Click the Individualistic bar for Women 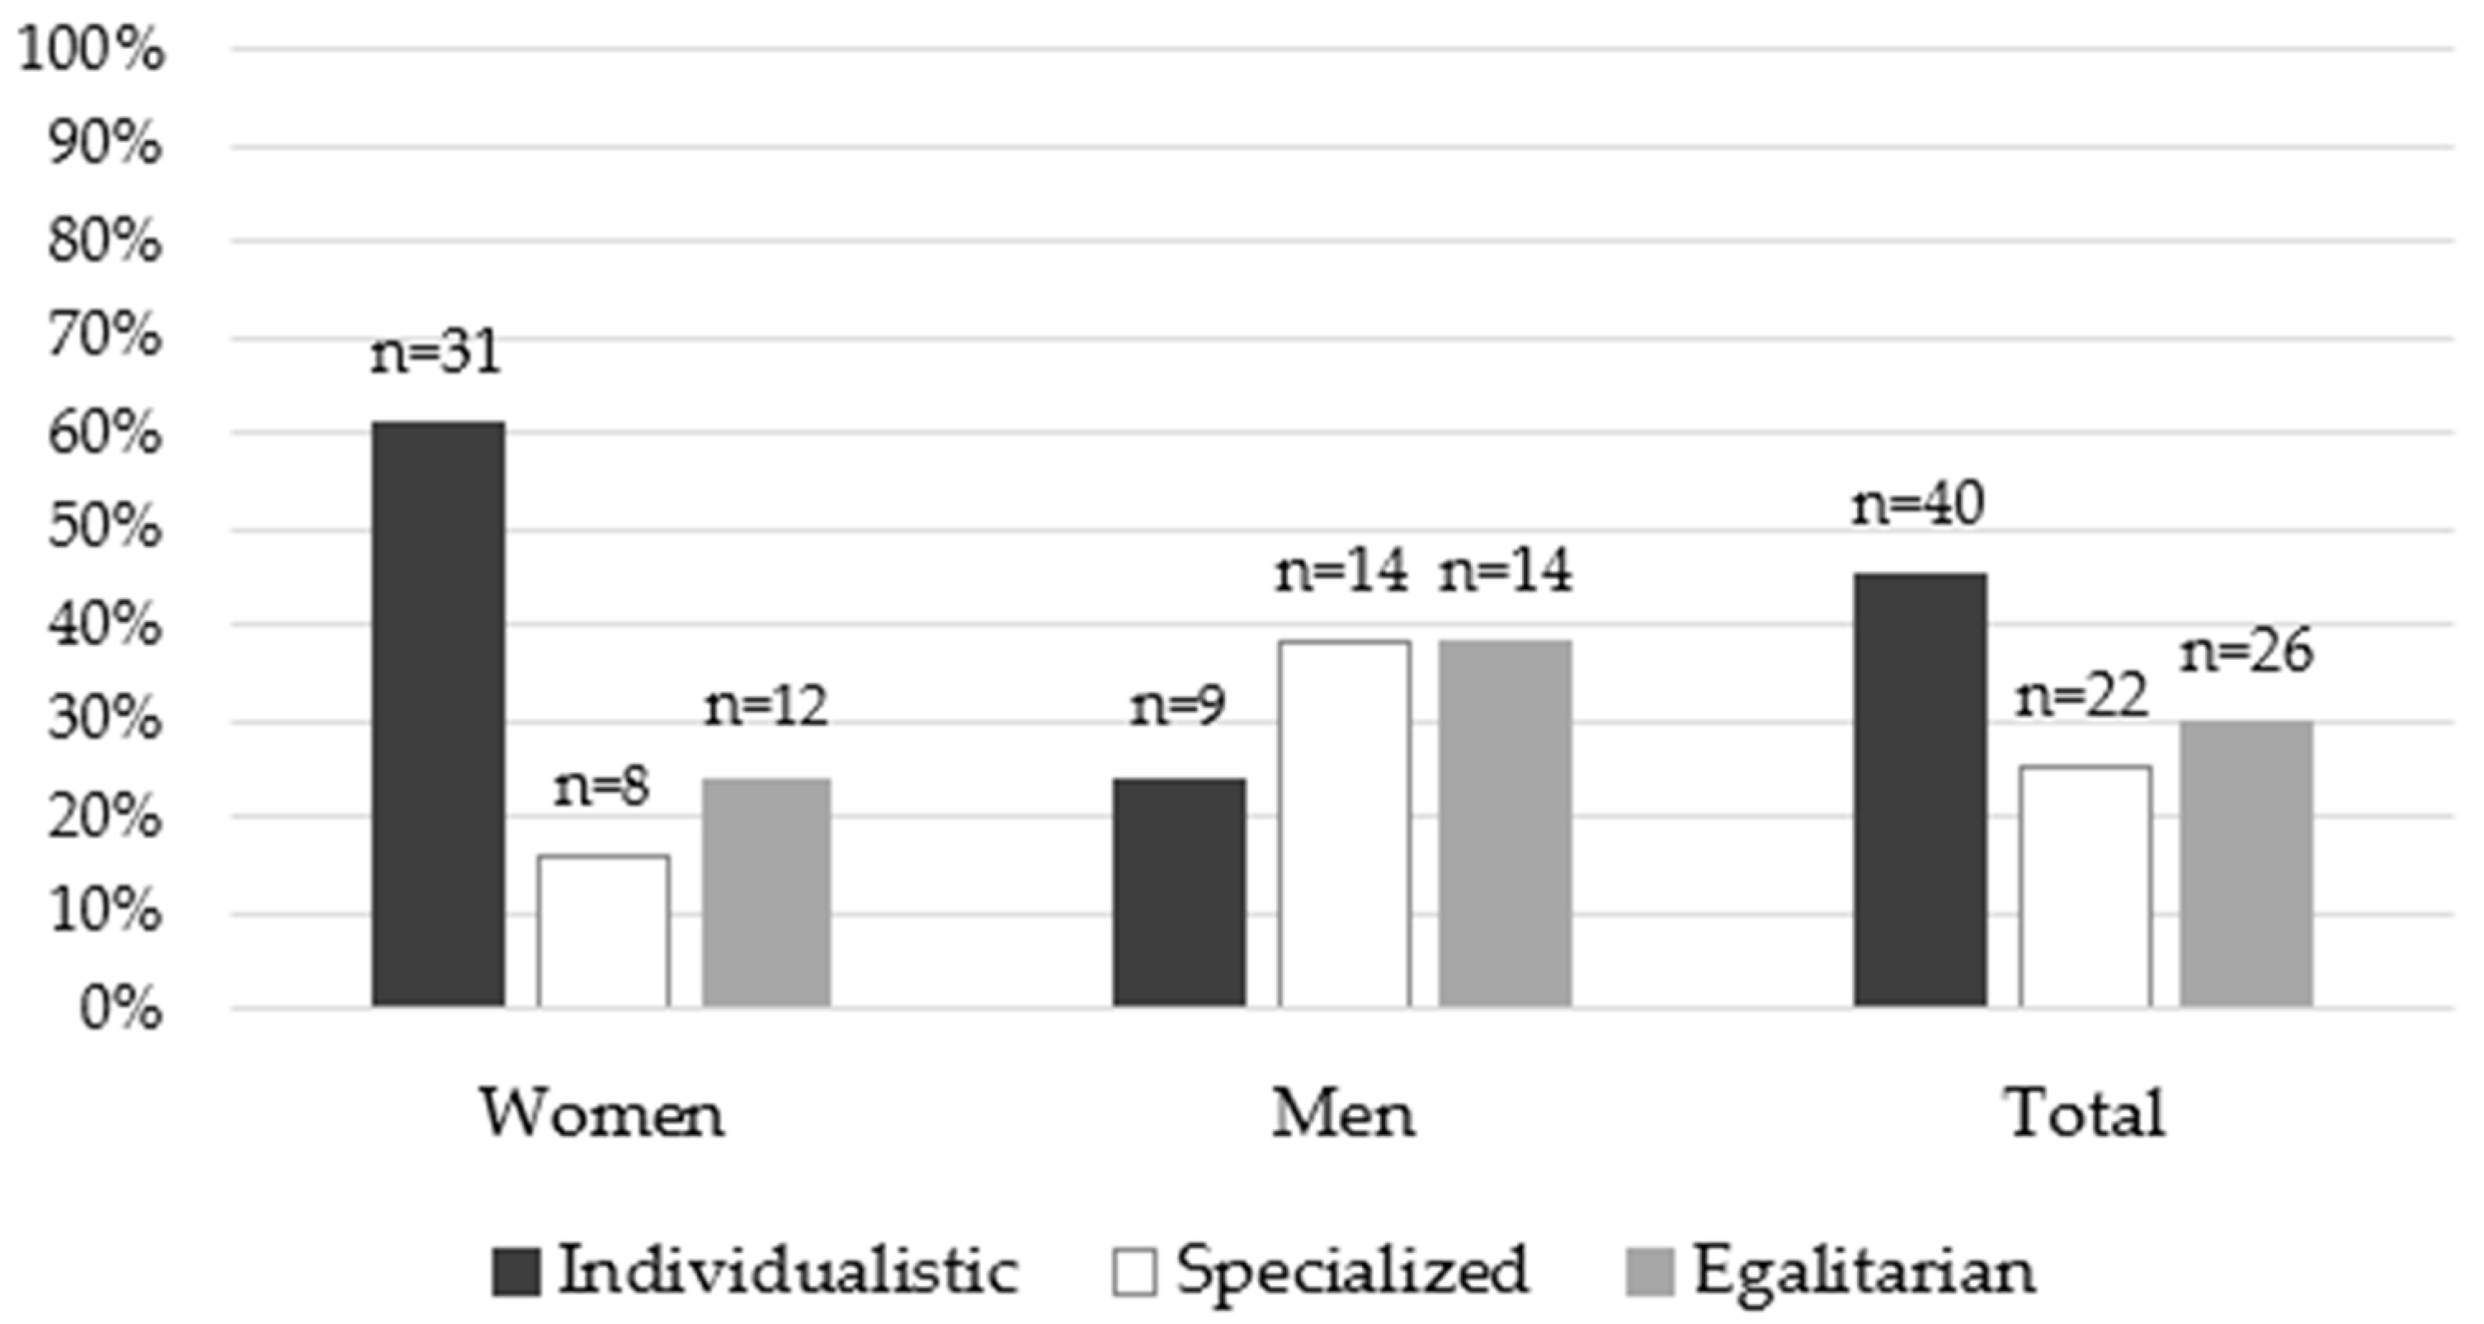point(438,714)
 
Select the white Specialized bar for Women point(604,931)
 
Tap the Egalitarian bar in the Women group point(766,892)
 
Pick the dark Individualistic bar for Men point(1178,892)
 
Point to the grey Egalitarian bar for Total point(2246,863)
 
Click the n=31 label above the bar point(436,352)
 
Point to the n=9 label point(1177,706)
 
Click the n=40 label point(1918,503)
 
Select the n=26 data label point(2246,651)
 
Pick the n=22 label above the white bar point(2083,696)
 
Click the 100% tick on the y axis point(92,48)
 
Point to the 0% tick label point(120,1010)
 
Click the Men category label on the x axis point(1343,1114)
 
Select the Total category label point(2086,1114)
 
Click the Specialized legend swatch point(1134,1271)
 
